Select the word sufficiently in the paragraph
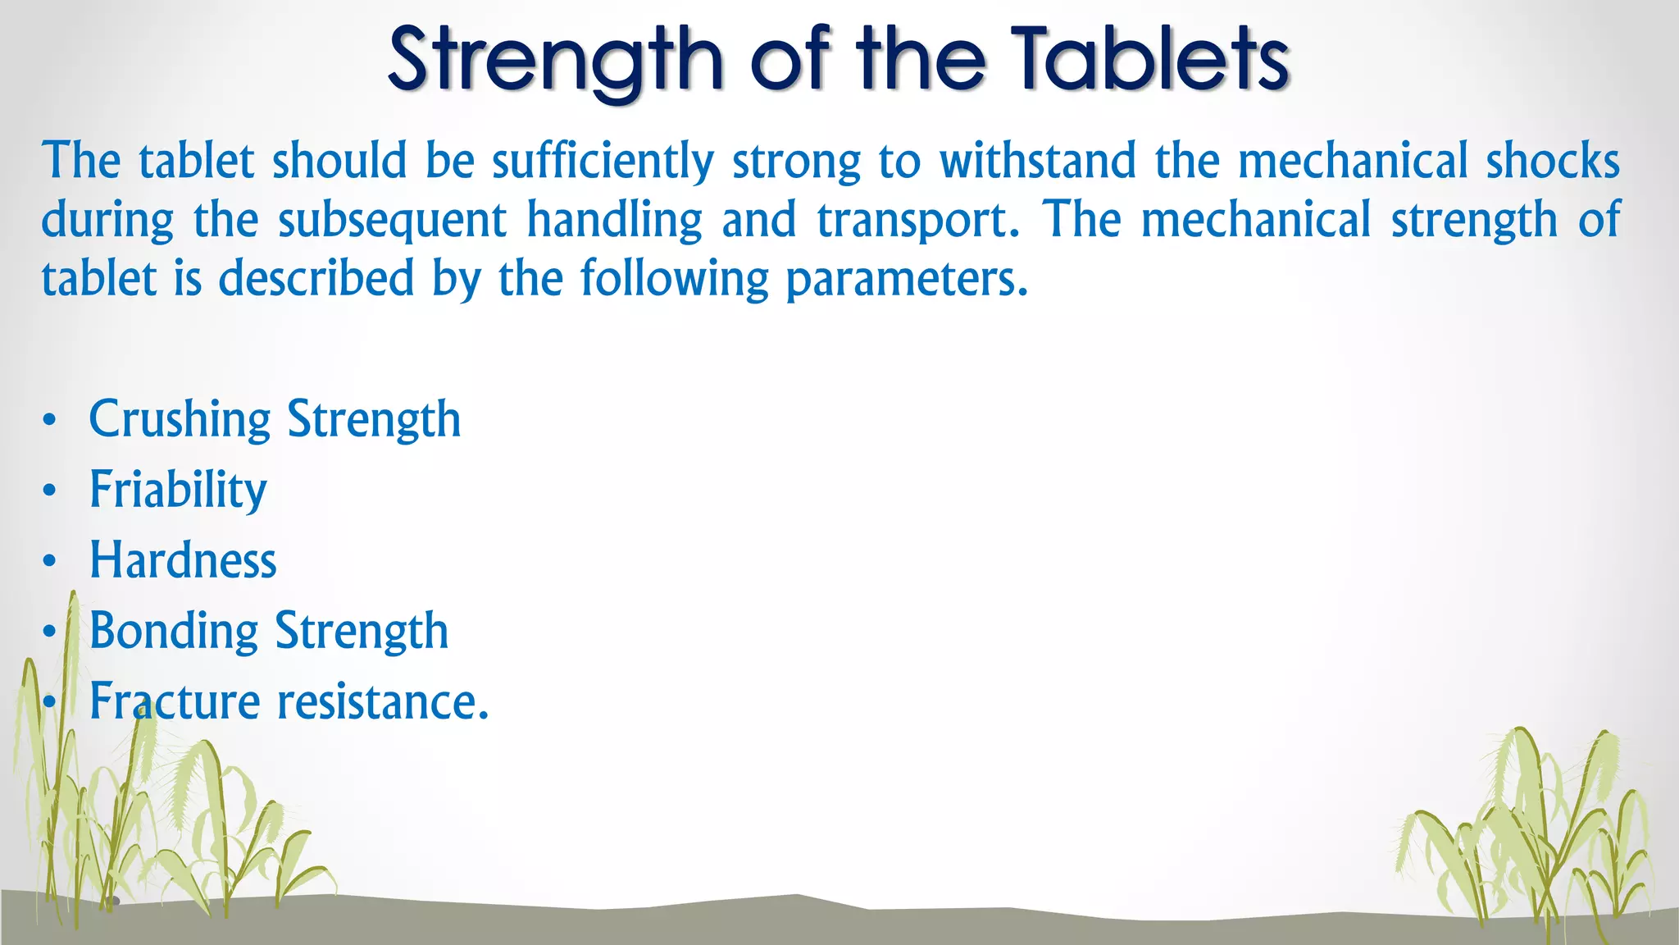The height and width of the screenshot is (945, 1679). coord(603,162)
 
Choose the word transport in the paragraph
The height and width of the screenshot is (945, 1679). coord(918,221)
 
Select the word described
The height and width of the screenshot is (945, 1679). coord(316,279)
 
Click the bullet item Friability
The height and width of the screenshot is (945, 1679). coord(178,491)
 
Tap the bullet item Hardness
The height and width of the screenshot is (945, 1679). coord(183,560)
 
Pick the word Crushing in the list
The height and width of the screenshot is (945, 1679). coord(180,420)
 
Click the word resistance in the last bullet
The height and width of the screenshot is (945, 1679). coord(382,702)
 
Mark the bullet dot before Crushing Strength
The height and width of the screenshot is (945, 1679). coord(50,421)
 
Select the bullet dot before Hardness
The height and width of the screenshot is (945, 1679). coord(50,562)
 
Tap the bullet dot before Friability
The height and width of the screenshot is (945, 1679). coord(50,491)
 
